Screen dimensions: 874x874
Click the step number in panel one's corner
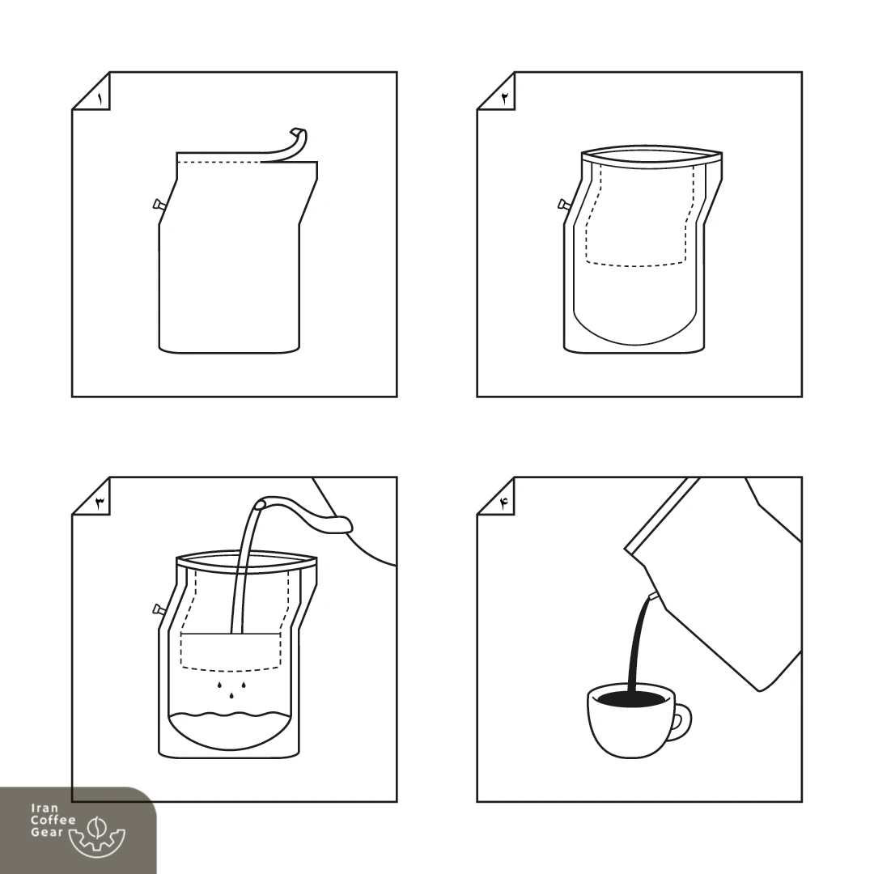pyautogui.click(x=100, y=100)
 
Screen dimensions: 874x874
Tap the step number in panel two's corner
pyautogui.click(x=505, y=100)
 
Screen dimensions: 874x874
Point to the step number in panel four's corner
pyautogui.click(x=505, y=504)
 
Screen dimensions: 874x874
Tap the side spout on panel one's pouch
pyautogui.click(x=159, y=205)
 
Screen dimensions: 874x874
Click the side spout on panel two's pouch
pyautogui.click(x=564, y=205)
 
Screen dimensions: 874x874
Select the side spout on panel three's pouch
pyautogui.click(x=159, y=609)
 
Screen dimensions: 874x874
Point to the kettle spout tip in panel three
pyautogui.click(x=260, y=505)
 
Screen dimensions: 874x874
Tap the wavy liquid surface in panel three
pyautogui.click(x=230, y=715)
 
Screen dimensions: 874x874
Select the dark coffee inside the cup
pyautogui.click(x=631, y=698)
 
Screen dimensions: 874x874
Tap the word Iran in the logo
pyautogui.click(x=45, y=808)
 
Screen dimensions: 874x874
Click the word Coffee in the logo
pyautogui.click(x=53, y=820)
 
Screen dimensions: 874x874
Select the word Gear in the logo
pyautogui.click(x=47, y=832)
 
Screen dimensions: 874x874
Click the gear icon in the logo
pyautogui.click(x=97, y=835)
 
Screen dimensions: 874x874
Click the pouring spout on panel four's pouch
pyautogui.click(x=654, y=596)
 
